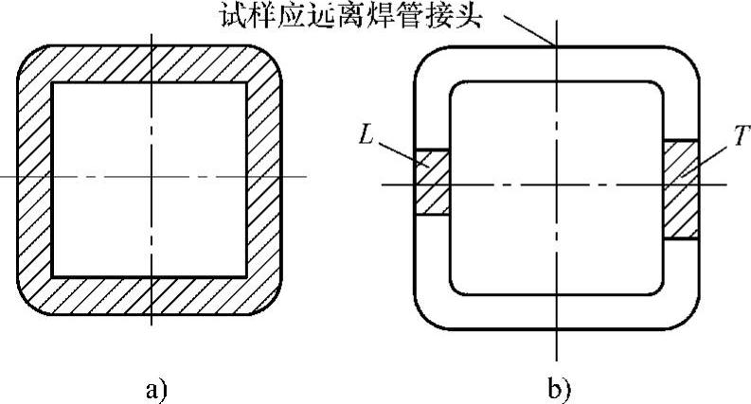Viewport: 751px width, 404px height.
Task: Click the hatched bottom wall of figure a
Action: (152, 295)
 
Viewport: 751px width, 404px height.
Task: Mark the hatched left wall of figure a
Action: (34, 180)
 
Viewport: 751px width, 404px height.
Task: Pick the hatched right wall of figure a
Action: (268, 180)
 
